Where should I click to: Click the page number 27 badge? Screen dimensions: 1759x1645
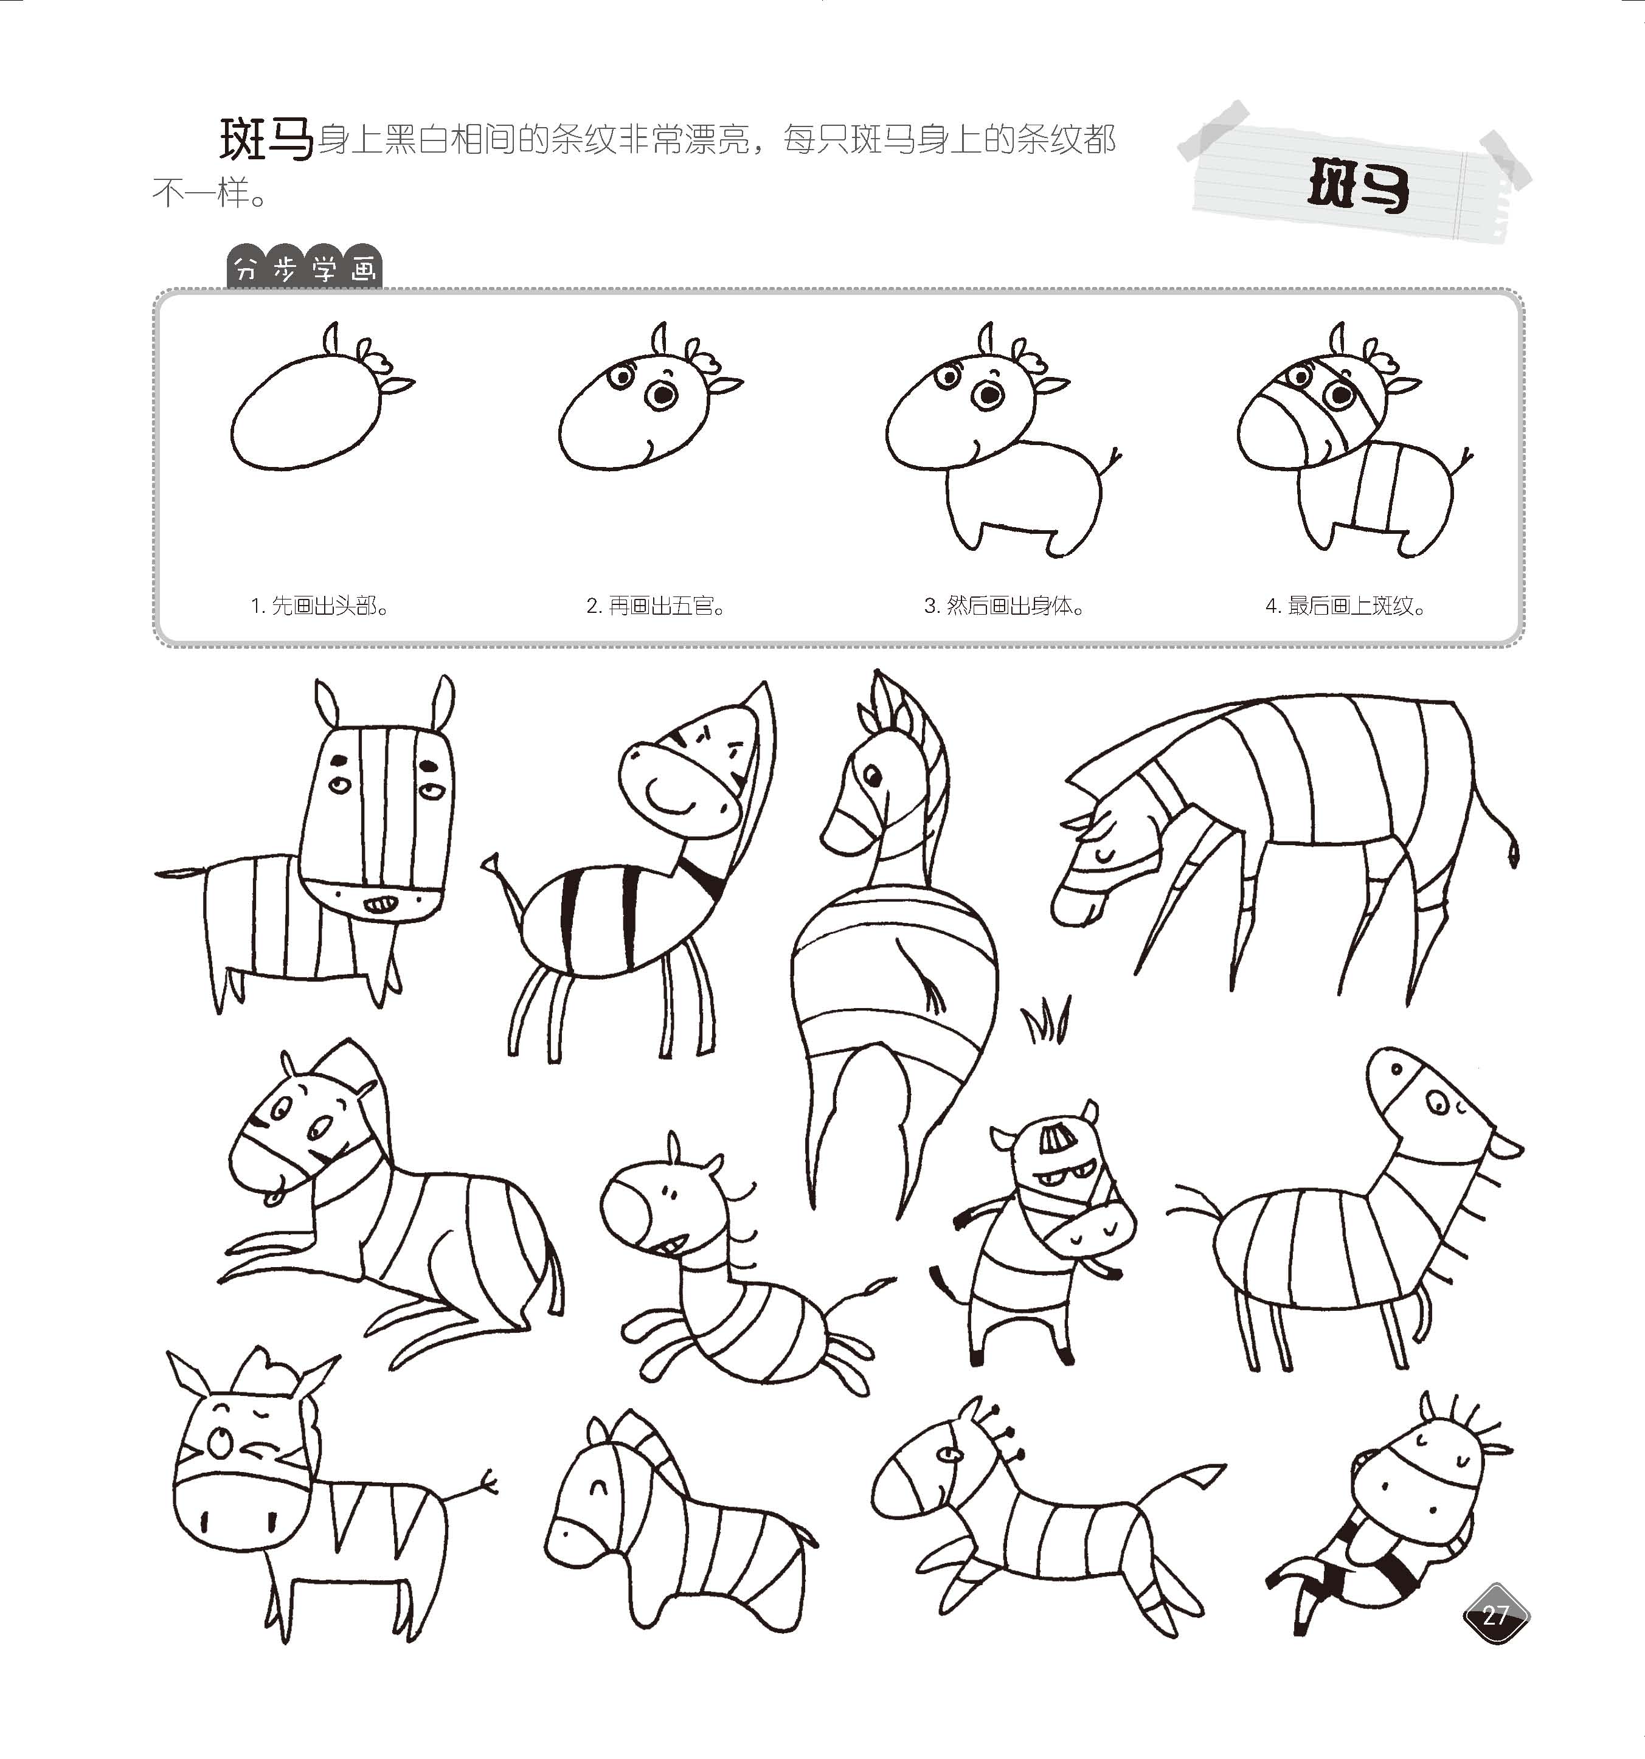[1495, 1615]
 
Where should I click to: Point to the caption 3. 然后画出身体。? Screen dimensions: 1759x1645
[1005, 606]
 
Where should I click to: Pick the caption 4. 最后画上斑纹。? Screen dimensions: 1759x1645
[1345, 606]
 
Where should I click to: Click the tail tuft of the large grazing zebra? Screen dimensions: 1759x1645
[1514, 853]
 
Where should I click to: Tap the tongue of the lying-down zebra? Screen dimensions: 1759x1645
[274, 1199]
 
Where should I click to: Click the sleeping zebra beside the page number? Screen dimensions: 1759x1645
[1389, 1522]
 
